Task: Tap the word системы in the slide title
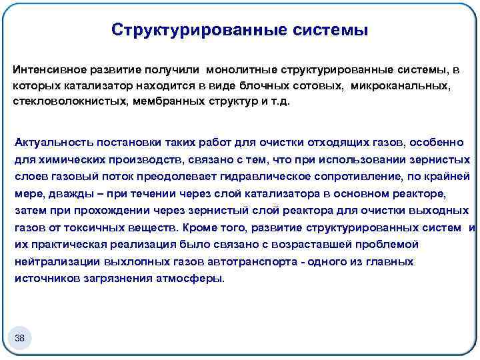pos(331,30)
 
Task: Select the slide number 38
pos(19,339)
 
